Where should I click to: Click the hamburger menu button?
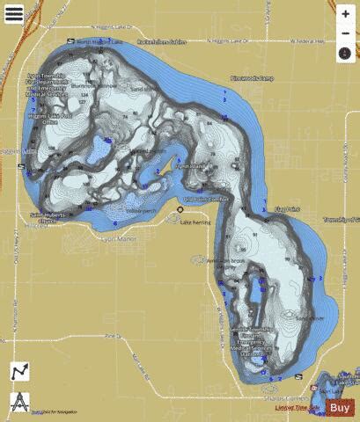(x=344, y=17)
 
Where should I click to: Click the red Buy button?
(x=340, y=407)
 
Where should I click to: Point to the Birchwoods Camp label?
(x=253, y=78)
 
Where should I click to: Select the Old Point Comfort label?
(x=205, y=200)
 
